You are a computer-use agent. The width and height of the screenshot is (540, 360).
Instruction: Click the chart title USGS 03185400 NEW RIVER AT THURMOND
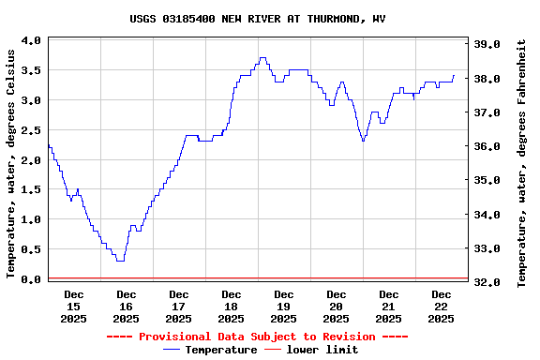tap(257, 19)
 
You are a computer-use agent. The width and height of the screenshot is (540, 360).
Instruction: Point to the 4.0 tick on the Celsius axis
tap(30, 41)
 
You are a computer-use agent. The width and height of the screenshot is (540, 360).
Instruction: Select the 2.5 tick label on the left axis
tap(30, 130)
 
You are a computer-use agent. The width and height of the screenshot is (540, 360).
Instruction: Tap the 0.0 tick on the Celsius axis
tap(30, 279)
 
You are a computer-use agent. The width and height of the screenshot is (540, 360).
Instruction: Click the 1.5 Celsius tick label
tap(30, 190)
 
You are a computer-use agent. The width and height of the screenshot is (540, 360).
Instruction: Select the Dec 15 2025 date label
tap(73, 307)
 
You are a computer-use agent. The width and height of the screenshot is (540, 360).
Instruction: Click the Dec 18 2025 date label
tap(231, 307)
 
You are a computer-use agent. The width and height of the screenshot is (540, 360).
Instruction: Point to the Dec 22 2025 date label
tap(441, 307)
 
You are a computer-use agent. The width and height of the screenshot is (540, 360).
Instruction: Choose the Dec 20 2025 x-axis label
tap(336, 307)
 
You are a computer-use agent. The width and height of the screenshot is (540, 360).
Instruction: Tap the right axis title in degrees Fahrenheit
tap(525, 159)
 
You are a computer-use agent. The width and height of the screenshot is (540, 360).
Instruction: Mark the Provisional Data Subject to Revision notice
tap(257, 337)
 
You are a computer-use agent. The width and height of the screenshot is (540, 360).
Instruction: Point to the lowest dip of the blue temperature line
tap(120, 260)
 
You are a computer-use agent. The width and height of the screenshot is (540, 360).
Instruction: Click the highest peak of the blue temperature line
tap(262, 57)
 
